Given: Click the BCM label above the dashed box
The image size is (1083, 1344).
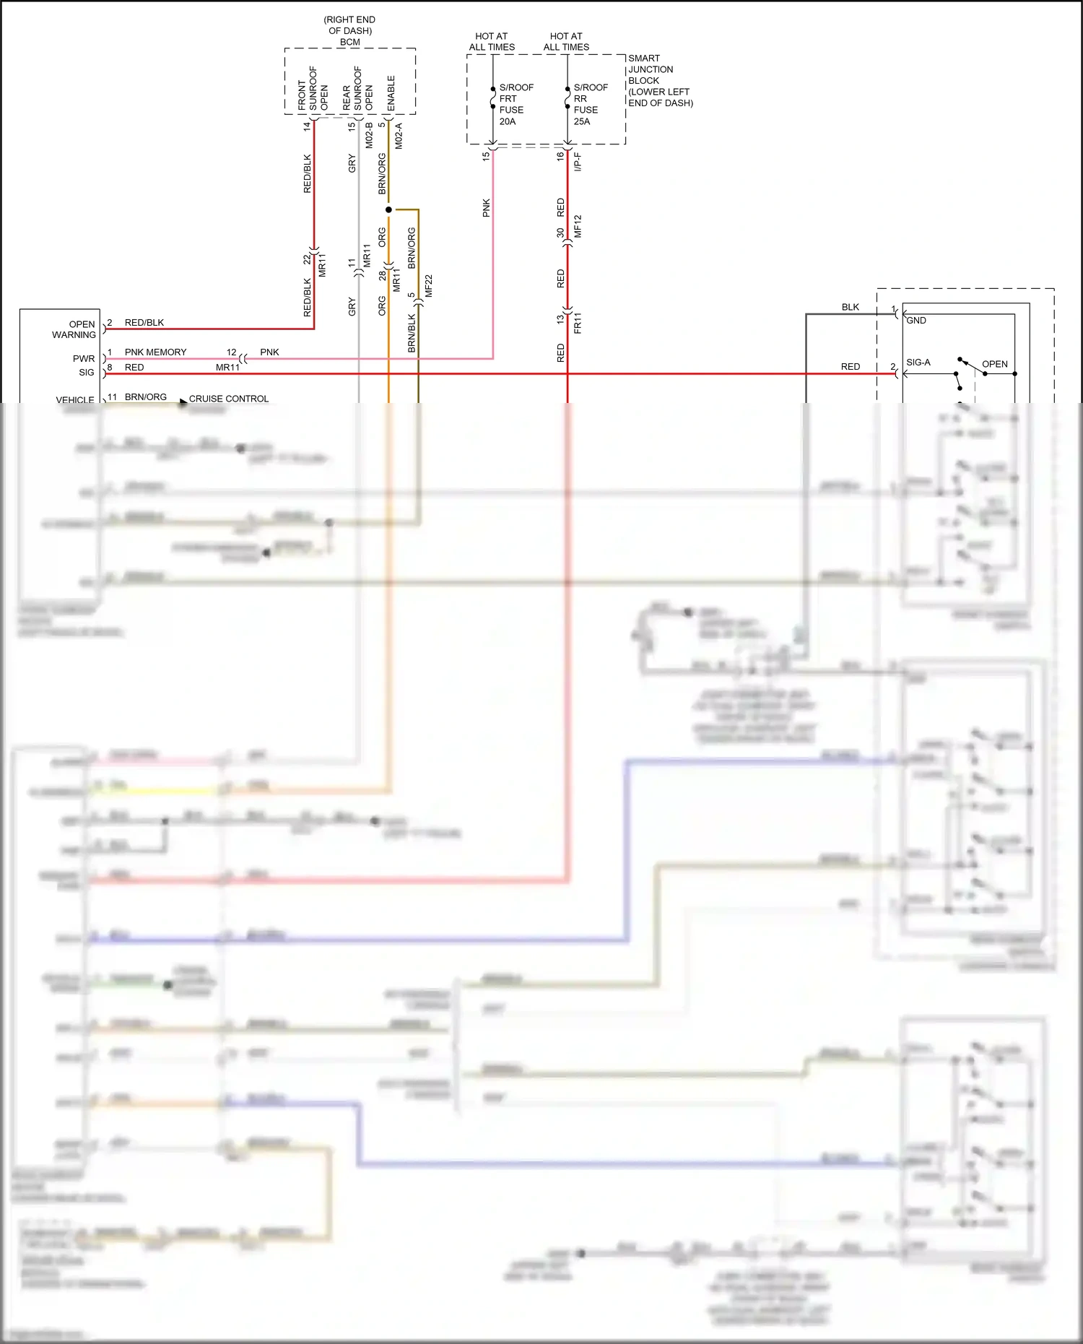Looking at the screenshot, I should [x=349, y=42].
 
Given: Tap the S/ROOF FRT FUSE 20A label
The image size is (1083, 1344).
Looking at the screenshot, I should [x=516, y=104].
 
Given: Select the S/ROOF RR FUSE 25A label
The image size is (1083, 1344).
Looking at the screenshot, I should [x=590, y=104].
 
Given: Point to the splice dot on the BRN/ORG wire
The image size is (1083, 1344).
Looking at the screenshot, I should [x=388, y=210].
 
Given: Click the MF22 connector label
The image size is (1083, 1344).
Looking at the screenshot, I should [x=429, y=285].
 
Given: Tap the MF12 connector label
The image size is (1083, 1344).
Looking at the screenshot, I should [x=578, y=226].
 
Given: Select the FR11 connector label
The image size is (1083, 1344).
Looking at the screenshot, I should [x=578, y=322].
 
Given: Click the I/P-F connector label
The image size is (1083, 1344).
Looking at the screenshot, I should [x=578, y=162].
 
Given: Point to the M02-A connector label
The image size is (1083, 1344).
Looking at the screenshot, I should [x=399, y=136].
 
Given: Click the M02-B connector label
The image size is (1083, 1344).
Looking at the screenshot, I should [x=369, y=136].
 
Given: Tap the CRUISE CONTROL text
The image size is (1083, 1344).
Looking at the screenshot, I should [x=228, y=399].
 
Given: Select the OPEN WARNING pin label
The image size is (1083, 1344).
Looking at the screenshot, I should [x=74, y=329].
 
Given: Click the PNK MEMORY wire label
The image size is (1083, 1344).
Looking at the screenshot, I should [x=155, y=352].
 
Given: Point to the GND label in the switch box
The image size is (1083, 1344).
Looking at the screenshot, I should [x=916, y=321].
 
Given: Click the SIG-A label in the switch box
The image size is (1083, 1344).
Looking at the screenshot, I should [x=918, y=363].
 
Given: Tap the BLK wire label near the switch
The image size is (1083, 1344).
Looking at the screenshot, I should [x=851, y=307].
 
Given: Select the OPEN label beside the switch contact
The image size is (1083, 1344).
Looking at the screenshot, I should [x=994, y=364].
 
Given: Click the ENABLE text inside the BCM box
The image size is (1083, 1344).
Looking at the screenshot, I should [x=391, y=93].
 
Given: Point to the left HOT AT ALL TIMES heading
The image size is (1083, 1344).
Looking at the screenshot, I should [x=492, y=41].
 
